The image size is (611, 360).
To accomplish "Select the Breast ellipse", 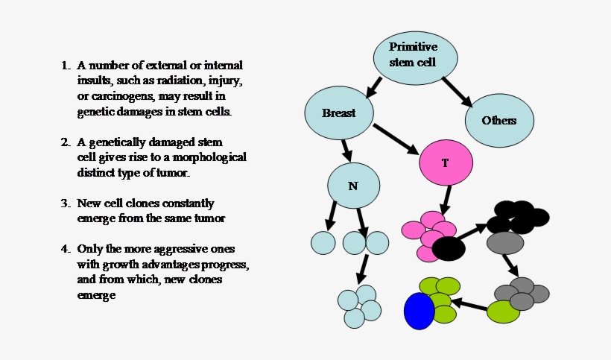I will point(339,113).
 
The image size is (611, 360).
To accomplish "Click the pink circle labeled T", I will point(446,162).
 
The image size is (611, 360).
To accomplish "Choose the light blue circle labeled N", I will point(354,185).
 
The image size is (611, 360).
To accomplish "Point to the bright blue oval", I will point(419,311).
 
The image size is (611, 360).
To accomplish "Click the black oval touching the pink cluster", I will point(449,248).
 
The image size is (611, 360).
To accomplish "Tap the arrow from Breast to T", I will point(397,139).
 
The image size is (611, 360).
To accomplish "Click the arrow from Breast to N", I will point(346,149).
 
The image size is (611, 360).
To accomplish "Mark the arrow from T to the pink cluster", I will point(445,200).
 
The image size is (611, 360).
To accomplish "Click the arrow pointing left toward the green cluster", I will point(470,304).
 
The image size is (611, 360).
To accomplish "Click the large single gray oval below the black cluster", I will point(505,242).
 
